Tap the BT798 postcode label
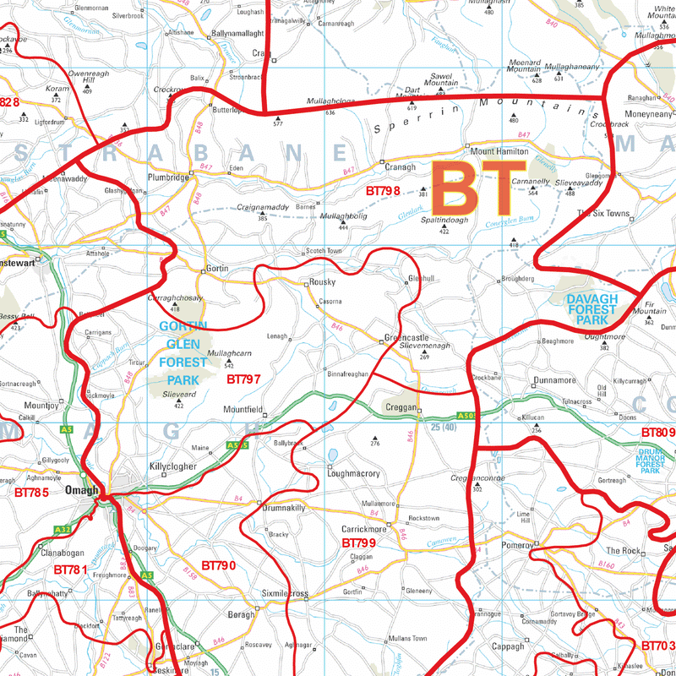point(383,191)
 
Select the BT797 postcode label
point(243,379)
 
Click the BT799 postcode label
point(358,542)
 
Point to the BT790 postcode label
point(218,564)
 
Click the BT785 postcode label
point(32,491)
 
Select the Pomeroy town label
point(515,546)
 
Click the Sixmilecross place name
point(287,594)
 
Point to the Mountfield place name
point(243,410)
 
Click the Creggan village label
point(401,407)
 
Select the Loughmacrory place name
point(353,474)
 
